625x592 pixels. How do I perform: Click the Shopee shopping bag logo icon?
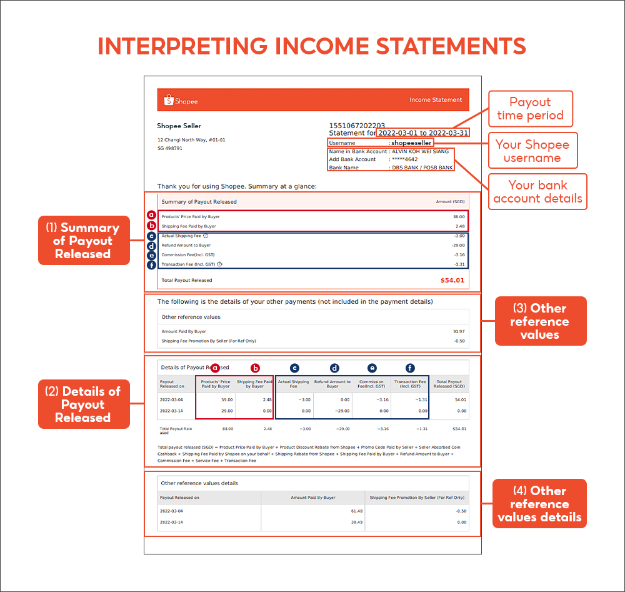click(167, 100)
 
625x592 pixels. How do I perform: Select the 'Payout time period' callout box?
click(530, 109)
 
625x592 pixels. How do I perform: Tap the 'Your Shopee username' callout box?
click(532, 151)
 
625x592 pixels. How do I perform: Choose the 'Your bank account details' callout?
click(537, 192)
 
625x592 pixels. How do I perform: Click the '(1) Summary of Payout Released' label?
click(83, 241)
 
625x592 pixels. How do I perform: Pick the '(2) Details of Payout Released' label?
click(83, 404)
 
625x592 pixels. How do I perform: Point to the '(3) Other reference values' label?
click(540, 321)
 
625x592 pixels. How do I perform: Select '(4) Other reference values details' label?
click(540, 504)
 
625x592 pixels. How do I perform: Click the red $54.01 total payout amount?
click(452, 280)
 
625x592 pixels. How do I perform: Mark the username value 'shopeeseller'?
click(411, 143)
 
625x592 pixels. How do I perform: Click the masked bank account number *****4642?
click(406, 159)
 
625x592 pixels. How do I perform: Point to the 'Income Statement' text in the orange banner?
click(436, 100)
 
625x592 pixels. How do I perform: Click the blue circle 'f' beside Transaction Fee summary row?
click(152, 264)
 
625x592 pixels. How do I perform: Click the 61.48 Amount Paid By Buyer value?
click(357, 511)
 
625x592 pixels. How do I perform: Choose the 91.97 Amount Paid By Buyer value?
click(457, 331)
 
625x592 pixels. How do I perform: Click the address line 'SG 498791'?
click(170, 149)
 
